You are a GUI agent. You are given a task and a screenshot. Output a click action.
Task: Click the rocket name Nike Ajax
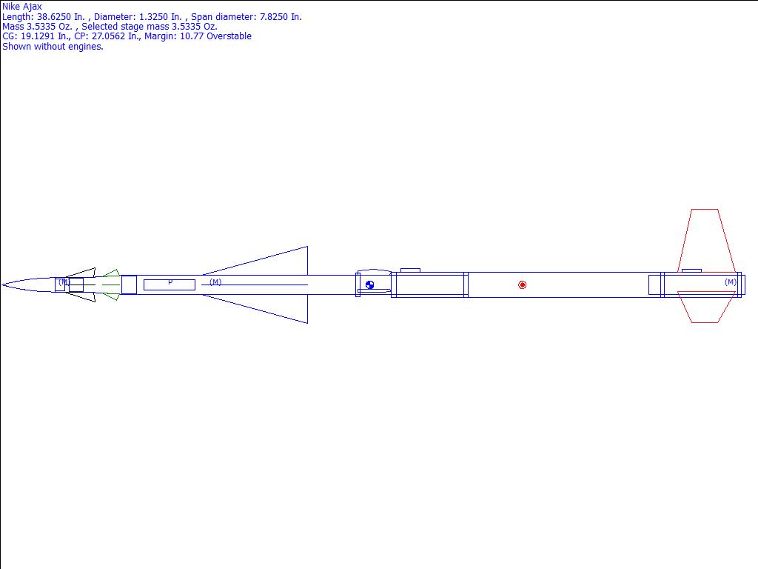(22, 7)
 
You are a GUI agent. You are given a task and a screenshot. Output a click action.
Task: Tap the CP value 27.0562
(108, 36)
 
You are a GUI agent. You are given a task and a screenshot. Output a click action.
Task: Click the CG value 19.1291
(38, 36)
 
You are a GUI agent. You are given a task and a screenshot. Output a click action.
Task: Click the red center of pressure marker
(522, 285)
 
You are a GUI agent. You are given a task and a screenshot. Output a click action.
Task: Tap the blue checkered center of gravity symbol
(370, 285)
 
